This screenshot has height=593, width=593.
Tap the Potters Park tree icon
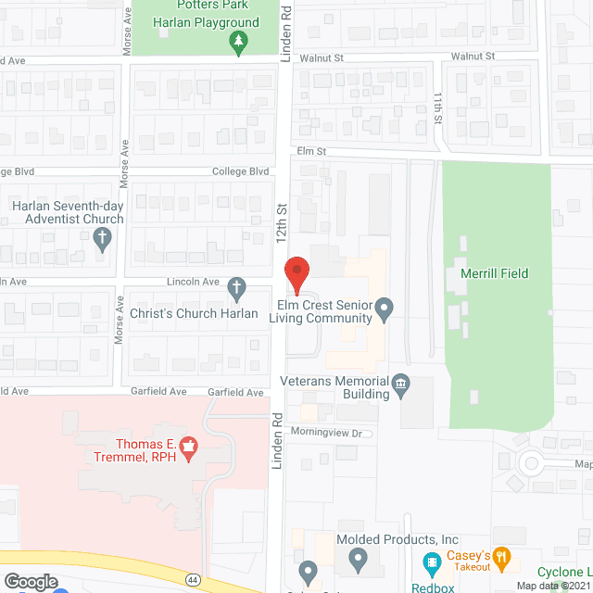[x=239, y=42]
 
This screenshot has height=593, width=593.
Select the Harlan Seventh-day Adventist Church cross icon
[x=103, y=237]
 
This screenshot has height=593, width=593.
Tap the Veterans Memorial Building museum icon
[x=401, y=384]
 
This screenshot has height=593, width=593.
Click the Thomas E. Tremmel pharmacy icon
[x=189, y=448]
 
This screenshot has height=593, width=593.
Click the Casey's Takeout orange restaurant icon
[x=502, y=558]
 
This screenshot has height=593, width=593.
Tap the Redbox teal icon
[x=432, y=561]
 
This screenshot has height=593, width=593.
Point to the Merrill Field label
[x=494, y=273]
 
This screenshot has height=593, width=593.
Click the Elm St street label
[x=313, y=151]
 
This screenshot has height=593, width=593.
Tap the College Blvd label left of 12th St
[x=240, y=171]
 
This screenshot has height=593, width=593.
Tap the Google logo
[x=31, y=581]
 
